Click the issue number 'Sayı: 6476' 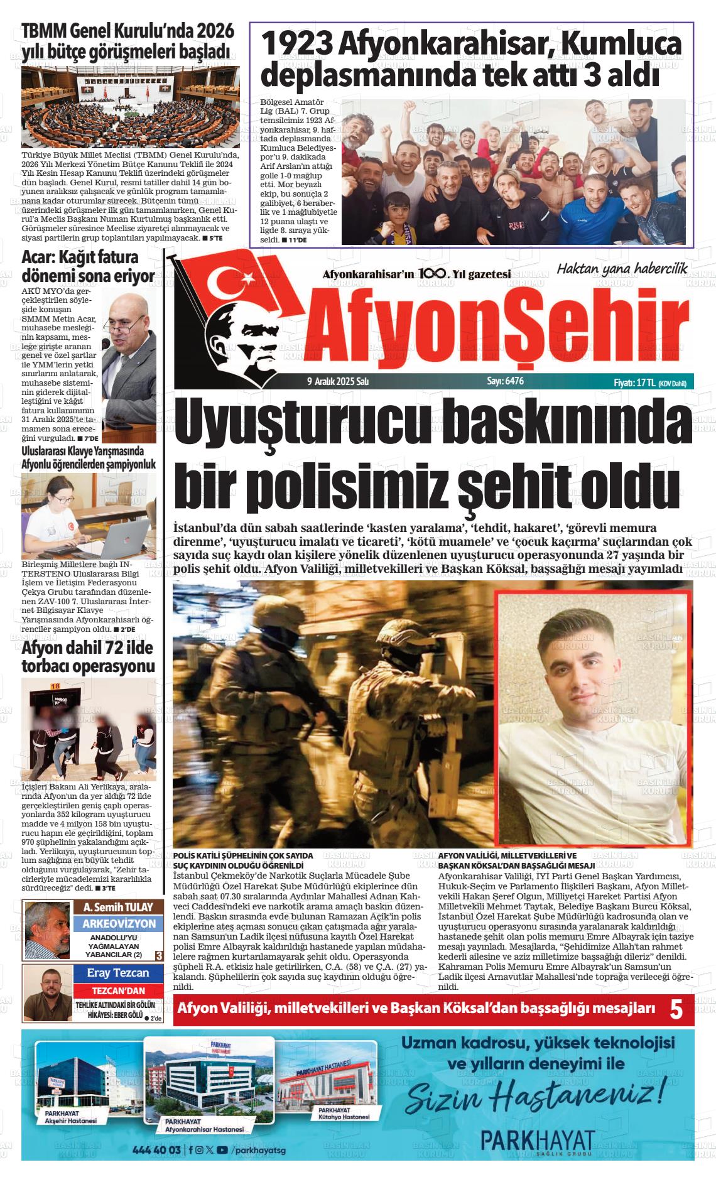pos(505,381)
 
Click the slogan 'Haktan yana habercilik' pos(622,268)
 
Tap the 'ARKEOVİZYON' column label pos(119,924)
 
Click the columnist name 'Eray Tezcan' pos(118,973)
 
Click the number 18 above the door pos(55,686)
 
